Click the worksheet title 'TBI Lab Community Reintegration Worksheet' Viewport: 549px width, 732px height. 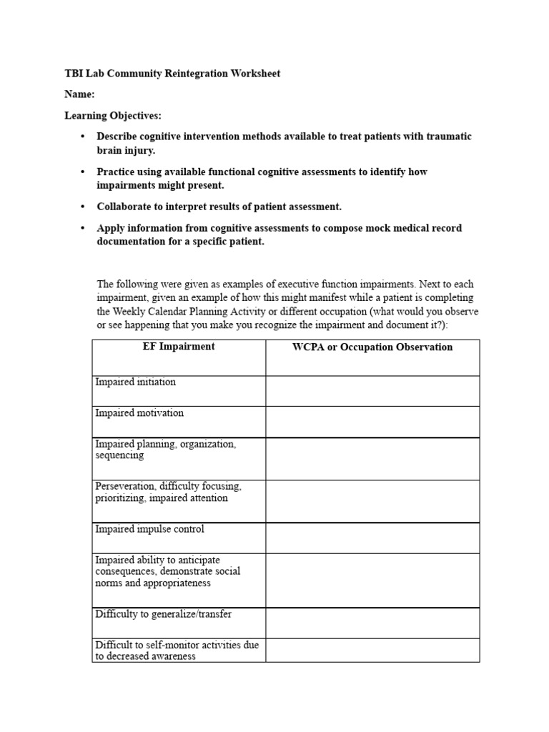coord(172,74)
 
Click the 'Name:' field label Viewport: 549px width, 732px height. coord(79,94)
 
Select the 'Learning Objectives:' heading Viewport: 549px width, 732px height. coord(113,115)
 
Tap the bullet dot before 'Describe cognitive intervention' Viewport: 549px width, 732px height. coord(83,137)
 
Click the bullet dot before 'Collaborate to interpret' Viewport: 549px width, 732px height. coord(83,207)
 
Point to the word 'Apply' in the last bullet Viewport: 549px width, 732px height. coord(112,228)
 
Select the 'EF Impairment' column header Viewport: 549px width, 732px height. coord(179,347)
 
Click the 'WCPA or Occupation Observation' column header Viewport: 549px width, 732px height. coord(372,347)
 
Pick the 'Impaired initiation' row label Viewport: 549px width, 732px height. coord(135,382)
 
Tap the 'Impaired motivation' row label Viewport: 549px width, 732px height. coord(139,412)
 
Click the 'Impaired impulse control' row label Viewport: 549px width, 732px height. coord(149,529)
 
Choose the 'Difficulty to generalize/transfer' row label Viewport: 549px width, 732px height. coord(163,614)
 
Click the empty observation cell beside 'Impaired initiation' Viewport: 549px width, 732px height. coord(372,391)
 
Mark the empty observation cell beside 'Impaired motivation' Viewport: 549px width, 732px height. coord(372,422)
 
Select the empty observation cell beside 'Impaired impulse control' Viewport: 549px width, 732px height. coord(372,538)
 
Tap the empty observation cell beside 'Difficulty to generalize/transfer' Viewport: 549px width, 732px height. coord(372,623)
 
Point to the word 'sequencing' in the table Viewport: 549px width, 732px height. coord(119,455)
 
